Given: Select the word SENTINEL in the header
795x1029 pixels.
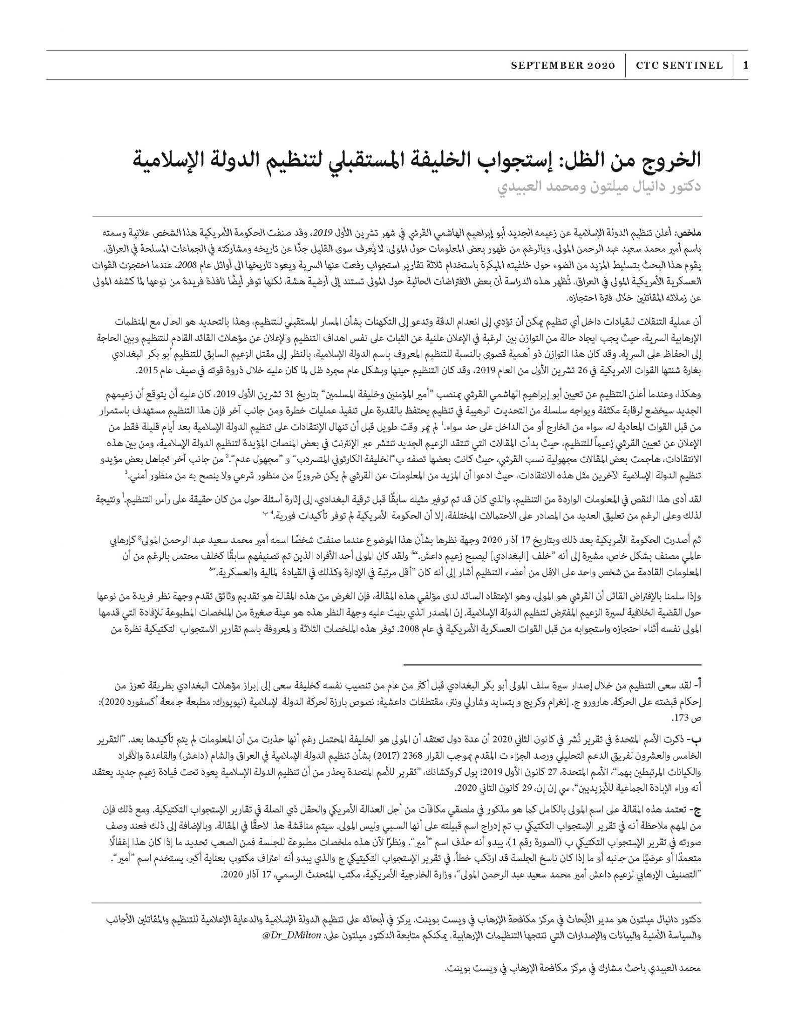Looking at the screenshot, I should [695, 65].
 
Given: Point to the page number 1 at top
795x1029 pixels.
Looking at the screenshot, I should [745, 65].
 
